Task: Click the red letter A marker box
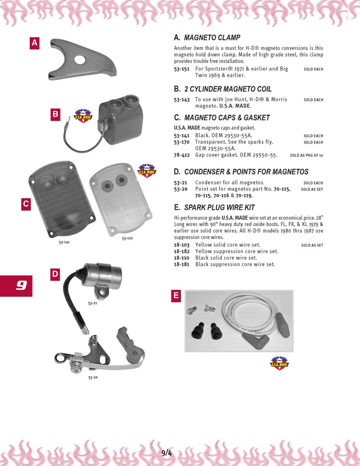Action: pos(35,43)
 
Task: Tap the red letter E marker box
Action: pos(176,296)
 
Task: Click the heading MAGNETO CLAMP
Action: pos(212,37)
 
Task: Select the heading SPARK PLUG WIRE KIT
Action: pos(219,207)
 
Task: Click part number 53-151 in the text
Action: pos(181,69)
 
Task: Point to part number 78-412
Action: pos(181,155)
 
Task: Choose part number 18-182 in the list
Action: pos(181,251)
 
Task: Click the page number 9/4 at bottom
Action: pos(167,453)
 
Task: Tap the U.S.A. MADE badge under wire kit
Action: pos(279,363)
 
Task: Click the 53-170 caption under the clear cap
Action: pos(127,238)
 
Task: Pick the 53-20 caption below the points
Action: pos(93,378)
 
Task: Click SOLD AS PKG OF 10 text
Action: pos(306,155)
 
